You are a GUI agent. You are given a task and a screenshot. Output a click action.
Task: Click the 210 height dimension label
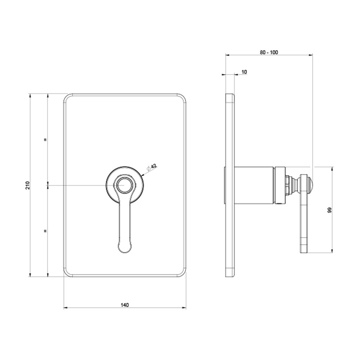click(x=27, y=185)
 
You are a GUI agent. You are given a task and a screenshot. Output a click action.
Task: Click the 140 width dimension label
click(x=125, y=305)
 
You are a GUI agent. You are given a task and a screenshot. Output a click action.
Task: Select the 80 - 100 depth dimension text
click(x=269, y=52)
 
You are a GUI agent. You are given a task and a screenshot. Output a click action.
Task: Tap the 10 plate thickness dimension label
click(x=244, y=72)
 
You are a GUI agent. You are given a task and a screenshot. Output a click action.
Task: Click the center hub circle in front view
click(x=125, y=185)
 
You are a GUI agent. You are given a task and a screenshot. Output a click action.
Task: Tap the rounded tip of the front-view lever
click(x=125, y=248)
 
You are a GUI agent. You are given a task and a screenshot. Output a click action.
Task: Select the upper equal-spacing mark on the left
click(x=45, y=139)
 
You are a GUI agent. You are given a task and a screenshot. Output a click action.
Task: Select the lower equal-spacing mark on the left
click(x=45, y=230)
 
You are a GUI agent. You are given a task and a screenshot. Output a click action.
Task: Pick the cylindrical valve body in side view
click(x=255, y=185)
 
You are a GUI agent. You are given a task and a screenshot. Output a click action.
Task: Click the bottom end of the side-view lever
click(x=304, y=250)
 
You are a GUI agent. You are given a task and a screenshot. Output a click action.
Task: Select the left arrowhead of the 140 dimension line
click(x=65, y=308)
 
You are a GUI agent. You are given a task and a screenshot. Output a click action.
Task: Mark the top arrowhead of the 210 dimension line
click(x=30, y=95)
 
